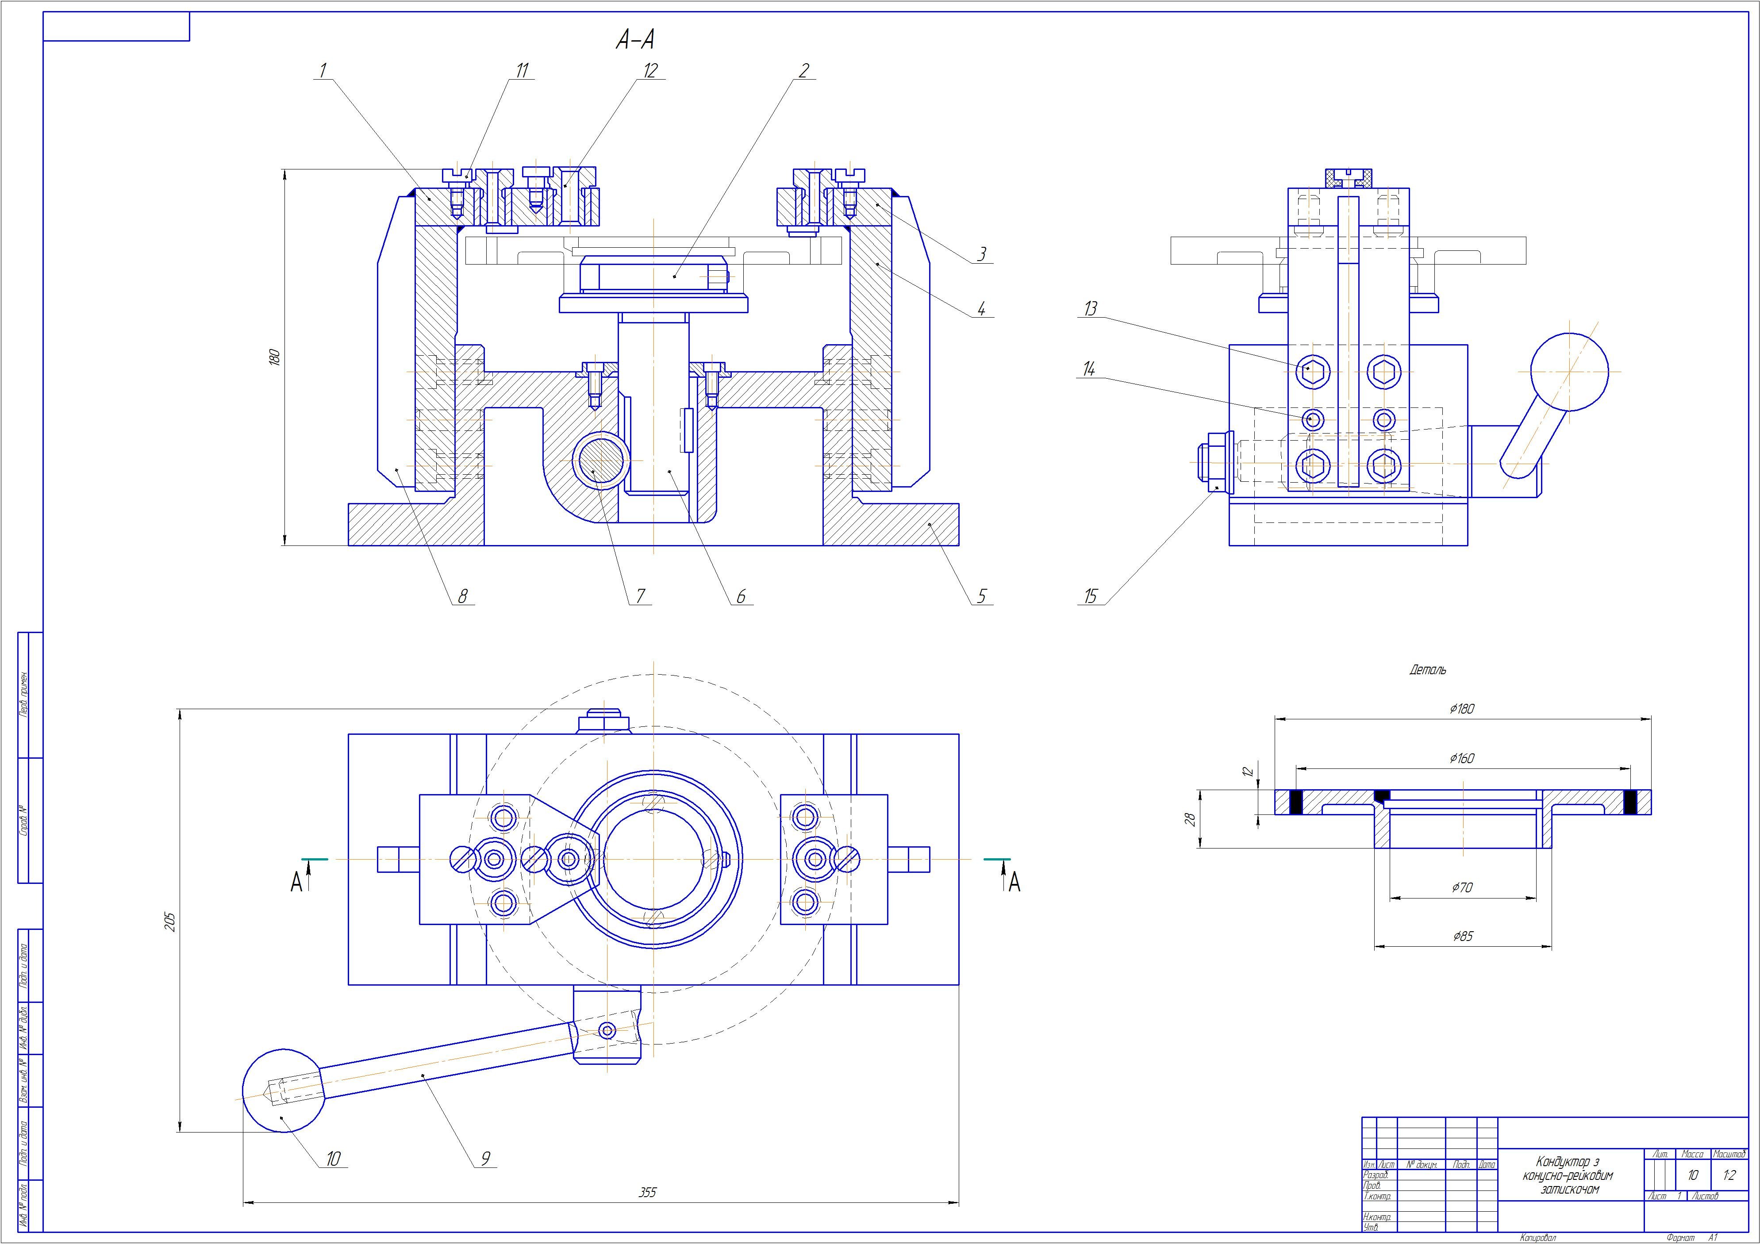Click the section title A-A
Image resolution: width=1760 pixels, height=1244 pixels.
click(x=635, y=40)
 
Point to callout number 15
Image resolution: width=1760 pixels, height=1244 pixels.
click(x=1091, y=596)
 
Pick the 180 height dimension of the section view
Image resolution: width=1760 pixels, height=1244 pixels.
click(x=275, y=357)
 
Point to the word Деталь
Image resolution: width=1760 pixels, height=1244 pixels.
click(x=1427, y=670)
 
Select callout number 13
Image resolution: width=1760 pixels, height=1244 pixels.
click(x=1090, y=309)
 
